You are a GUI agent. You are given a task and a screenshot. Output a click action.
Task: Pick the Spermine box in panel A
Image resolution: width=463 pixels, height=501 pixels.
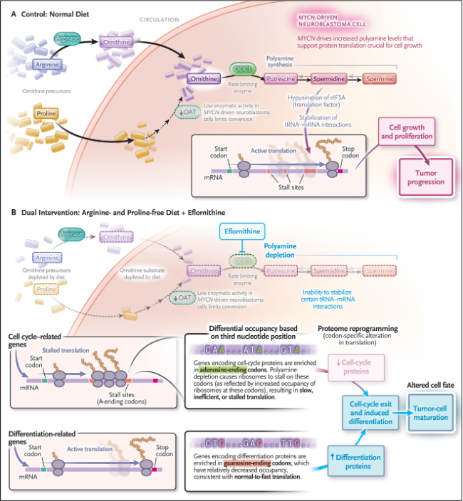pos(383,80)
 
